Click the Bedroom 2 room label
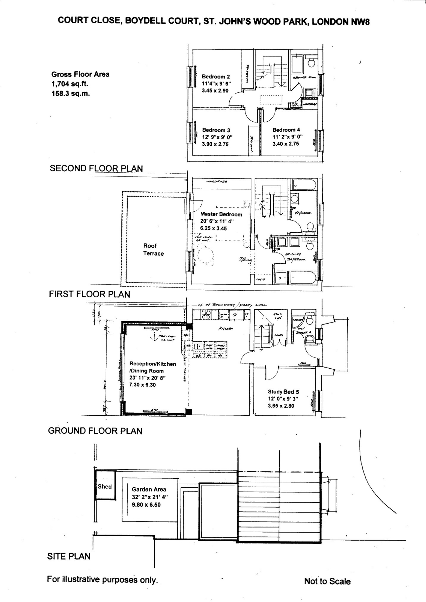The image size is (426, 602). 216,77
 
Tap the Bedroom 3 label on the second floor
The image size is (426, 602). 216,130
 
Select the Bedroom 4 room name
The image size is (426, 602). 286,130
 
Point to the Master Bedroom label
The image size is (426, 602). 221,214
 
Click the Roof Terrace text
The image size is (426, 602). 153,250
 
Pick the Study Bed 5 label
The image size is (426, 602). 283,392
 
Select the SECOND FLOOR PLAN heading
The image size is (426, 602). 96,168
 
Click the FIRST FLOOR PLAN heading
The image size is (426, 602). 89,294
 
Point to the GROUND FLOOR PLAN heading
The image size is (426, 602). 95,431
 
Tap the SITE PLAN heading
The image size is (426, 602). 69,556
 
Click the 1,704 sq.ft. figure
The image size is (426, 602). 70,84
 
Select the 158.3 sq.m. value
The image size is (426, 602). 70,94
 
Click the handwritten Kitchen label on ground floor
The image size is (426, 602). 226,329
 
